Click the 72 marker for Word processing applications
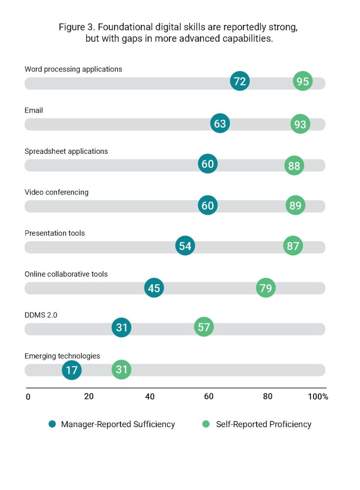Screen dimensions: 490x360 (240, 81)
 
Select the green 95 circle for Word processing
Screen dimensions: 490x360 (303, 81)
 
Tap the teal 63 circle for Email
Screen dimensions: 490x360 (220, 123)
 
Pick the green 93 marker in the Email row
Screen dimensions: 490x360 (300, 124)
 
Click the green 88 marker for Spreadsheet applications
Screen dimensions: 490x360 (294, 166)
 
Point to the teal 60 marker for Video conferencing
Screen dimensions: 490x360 (208, 205)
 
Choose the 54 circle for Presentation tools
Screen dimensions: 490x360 (185, 246)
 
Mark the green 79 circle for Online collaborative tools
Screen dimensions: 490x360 (265, 288)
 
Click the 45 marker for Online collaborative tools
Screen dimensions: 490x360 (154, 288)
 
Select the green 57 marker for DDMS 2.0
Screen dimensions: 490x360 (204, 327)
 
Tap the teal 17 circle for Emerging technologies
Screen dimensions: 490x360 (72, 369)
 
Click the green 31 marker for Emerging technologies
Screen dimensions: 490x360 (121, 369)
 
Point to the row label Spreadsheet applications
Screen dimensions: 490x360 (66, 151)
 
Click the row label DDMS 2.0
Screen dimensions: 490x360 (41, 315)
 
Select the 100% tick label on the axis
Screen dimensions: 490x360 (318, 396)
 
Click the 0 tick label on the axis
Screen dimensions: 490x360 (28, 396)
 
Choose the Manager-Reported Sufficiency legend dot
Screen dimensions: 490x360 (52, 424)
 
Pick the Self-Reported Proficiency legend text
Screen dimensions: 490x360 (264, 424)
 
